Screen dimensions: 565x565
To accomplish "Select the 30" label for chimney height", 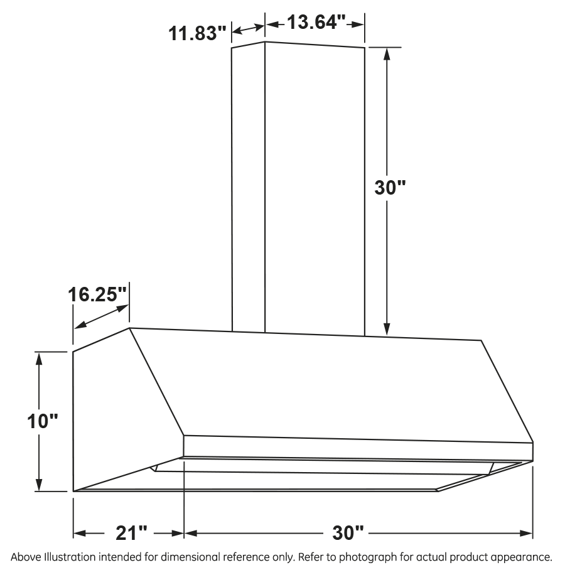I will [390, 188].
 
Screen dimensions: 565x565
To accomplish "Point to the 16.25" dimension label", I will [98, 294].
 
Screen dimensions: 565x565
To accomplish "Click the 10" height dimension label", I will [42, 421].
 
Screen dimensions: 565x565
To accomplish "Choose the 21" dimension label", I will [132, 534].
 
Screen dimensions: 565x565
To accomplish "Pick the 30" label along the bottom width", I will [348, 534].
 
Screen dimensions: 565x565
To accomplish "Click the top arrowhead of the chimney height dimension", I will [387, 54].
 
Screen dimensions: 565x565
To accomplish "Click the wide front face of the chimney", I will [314, 188].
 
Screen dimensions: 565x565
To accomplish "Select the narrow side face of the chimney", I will [249, 188].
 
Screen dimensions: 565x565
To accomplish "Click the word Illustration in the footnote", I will [70, 557].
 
